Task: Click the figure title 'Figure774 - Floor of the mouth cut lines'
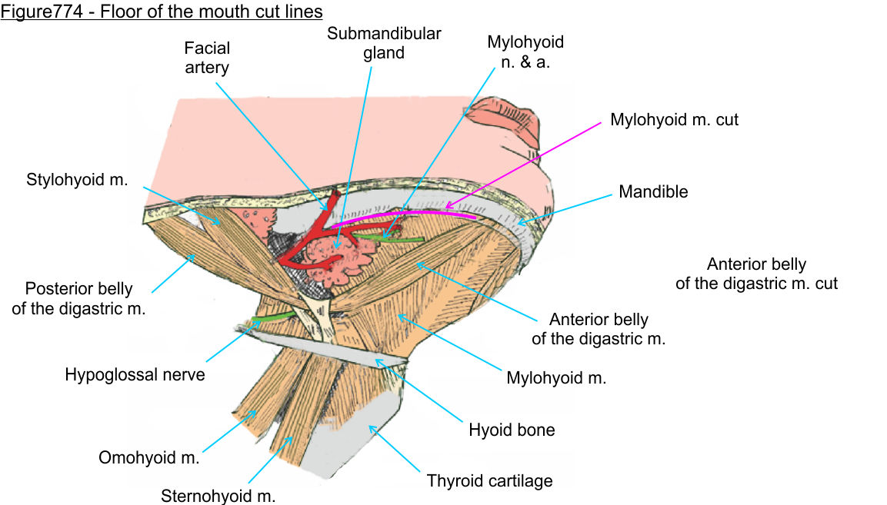(x=162, y=12)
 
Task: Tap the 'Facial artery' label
(x=207, y=58)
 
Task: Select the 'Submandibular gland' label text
(x=384, y=44)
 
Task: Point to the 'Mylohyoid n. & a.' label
(x=525, y=51)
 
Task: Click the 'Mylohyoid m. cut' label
(x=674, y=120)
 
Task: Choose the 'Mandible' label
(x=653, y=191)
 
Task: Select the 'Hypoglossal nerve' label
(x=135, y=375)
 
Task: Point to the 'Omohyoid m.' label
(x=149, y=458)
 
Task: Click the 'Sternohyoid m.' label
(x=218, y=496)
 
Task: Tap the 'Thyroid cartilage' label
(x=490, y=481)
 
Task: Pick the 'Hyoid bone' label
(x=512, y=430)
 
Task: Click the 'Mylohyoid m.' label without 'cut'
(x=556, y=377)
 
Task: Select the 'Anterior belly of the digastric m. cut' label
(x=756, y=274)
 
